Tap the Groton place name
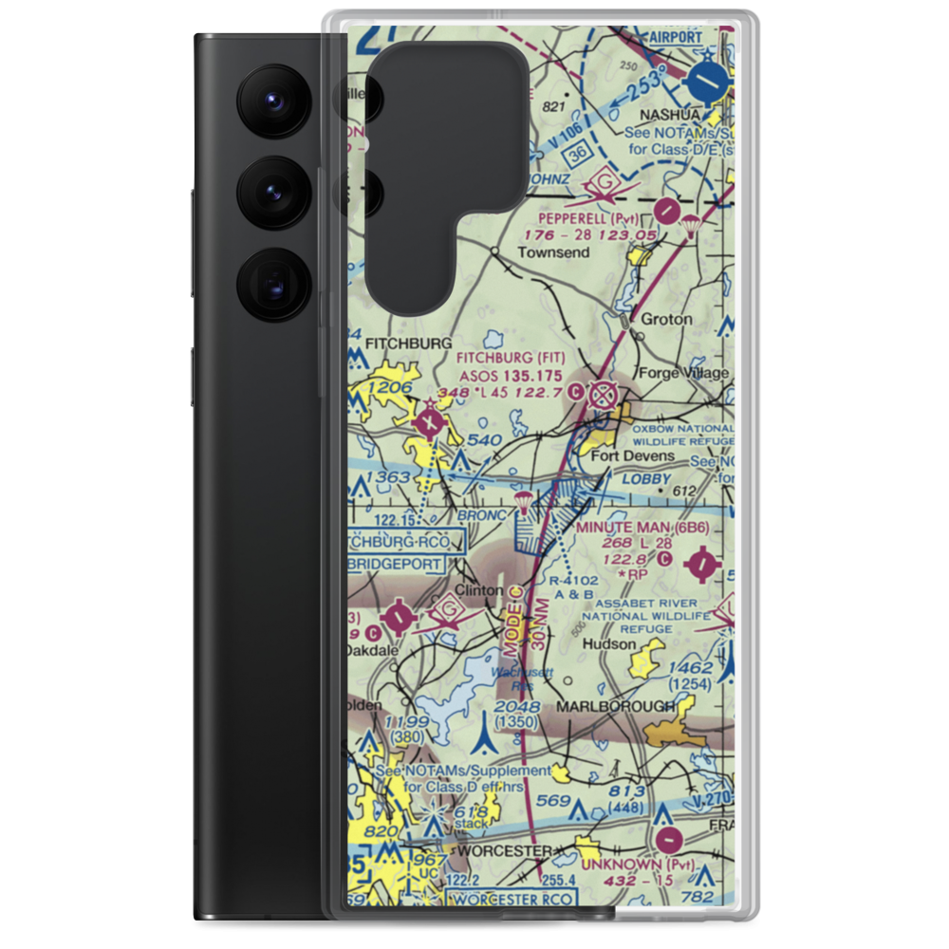click(x=666, y=320)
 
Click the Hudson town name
click(x=609, y=644)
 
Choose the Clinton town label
click(x=478, y=590)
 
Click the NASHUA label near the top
click(x=670, y=115)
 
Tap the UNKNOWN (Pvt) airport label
click(x=638, y=865)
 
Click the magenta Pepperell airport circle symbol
click(x=668, y=207)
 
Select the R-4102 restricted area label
click(x=574, y=580)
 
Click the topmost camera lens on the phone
click(x=271, y=98)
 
